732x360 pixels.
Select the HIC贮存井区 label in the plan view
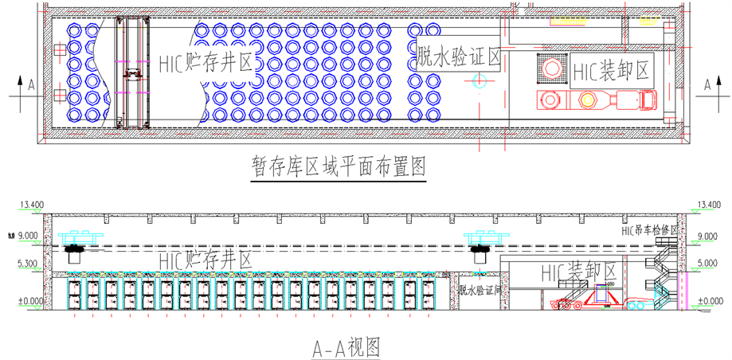tap(205, 63)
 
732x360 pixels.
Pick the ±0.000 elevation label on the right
tap(709, 300)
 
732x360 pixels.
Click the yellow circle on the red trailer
tap(588, 100)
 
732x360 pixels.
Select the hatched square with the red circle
tap(550, 70)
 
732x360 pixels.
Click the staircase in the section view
tap(663, 271)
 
